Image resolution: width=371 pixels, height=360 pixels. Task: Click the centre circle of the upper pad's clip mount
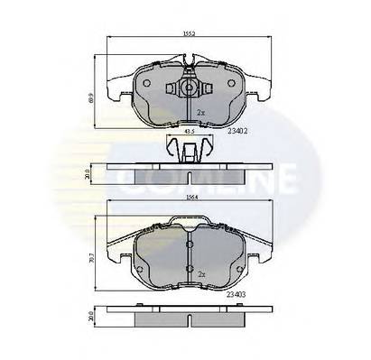tap(187, 88)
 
